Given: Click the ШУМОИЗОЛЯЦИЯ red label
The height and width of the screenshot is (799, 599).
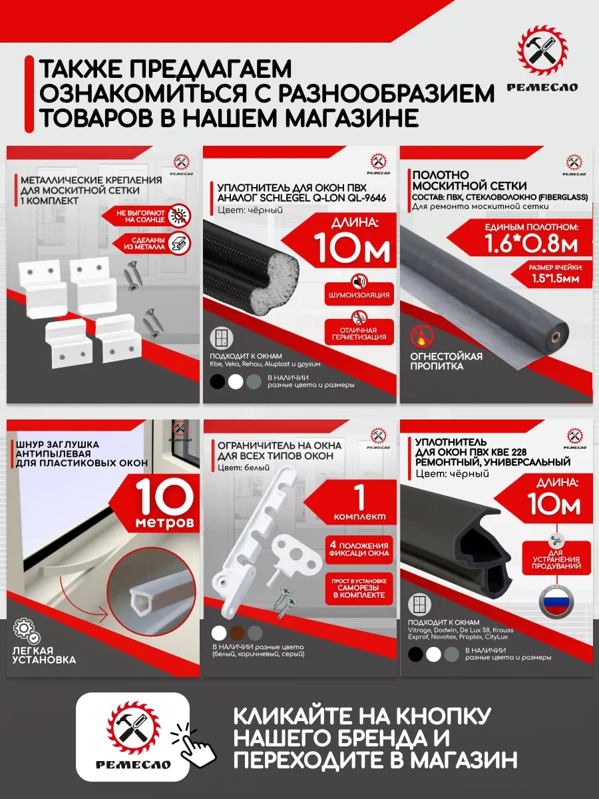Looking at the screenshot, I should (357, 294).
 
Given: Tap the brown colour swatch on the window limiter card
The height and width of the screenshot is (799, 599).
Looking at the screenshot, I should (236, 633).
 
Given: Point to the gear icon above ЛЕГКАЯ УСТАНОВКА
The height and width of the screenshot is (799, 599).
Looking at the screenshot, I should (25, 630).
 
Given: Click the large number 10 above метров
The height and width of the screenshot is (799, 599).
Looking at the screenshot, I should (166, 495).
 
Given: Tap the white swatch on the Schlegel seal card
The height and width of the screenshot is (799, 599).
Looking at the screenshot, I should (236, 382).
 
